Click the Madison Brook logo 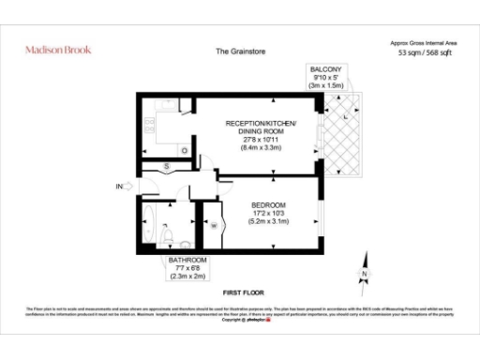58,49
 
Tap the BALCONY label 326,68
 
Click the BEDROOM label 268,204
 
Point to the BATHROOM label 187,260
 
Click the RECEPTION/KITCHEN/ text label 261,124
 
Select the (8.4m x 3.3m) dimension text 261,148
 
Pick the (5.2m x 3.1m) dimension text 268,221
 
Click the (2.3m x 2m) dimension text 187,277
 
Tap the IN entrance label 119,187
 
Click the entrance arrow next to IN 131,187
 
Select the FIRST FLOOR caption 240,292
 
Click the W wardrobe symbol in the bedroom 214,225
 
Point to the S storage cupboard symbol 166,166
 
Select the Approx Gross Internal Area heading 422,43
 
